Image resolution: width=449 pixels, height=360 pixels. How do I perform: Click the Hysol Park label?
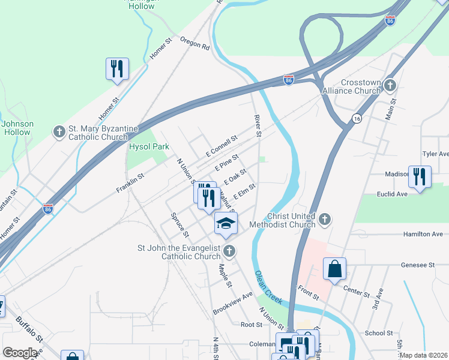click(149, 146)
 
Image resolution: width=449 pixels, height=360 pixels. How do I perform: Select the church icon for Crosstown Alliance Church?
click(391, 85)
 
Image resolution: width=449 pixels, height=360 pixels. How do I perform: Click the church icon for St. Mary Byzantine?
click(59, 131)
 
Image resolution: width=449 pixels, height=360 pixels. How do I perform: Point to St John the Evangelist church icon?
click(228, 251)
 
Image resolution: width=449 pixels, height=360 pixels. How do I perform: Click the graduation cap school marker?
click(226, 224)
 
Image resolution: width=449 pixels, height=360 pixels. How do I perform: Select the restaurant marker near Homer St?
click(116, 69)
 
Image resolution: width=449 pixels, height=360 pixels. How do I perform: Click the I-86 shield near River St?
click(289, 80)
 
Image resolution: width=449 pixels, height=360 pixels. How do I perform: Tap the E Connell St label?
click(221, 145)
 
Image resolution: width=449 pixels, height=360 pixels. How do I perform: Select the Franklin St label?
click(131, 183)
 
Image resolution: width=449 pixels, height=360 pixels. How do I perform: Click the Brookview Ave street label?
click(233, 304)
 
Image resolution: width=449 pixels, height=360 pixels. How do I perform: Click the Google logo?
click(20, 353)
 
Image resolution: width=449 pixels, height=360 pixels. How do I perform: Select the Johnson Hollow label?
click(18, 128)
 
